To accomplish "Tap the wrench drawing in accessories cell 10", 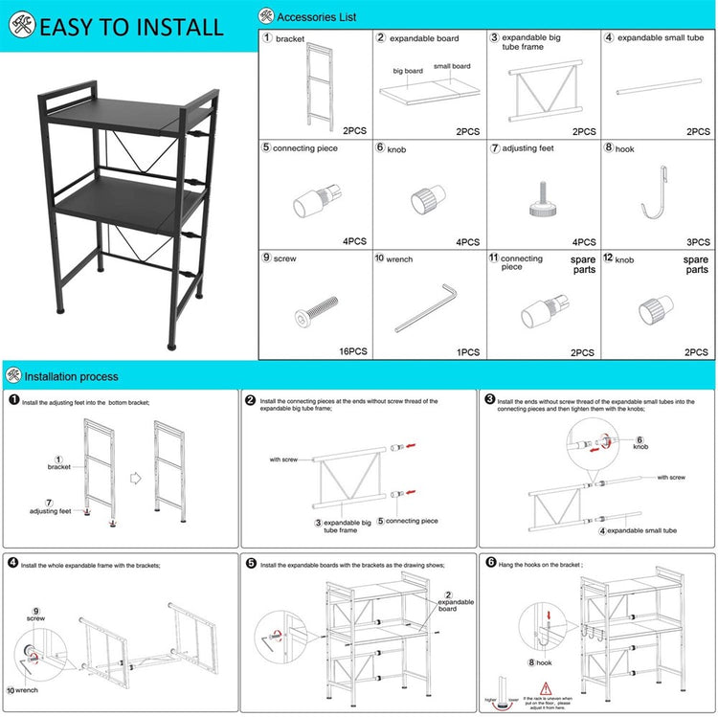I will pyautogui.click(x=430, y=306).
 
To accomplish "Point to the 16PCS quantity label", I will pyautogui.click(x=353, y=352).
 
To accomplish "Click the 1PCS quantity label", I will pyautogui.click(x=467, y=352).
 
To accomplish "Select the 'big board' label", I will pyautogui.click(x=408, y=71).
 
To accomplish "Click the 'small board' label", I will pyautogui.click(x=452, y=66).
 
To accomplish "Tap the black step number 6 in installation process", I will pyautogui.click(x=491, y=565).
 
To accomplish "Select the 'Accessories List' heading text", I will pyautogui.click(x=317, y=16).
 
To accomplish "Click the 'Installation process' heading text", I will pyautogui.click(x=71, y=376).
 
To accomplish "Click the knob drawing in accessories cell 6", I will pyautogui.click(x=424, y=200).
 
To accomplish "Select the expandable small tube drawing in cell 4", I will pyautogui.click(x=657, y=92).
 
